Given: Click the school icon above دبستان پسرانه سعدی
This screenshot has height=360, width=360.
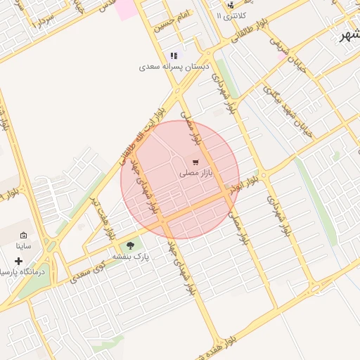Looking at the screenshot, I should [x=173, y=56].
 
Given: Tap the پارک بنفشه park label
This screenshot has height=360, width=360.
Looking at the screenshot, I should [x=129, y=257].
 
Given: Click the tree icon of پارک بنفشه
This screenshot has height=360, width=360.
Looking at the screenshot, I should [x=129, y=246].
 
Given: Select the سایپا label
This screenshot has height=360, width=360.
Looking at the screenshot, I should [x=23, y=247].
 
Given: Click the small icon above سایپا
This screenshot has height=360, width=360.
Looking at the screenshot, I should [x=23, y=236].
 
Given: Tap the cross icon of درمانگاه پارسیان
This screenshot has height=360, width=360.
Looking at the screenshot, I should [x=18, y=261].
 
